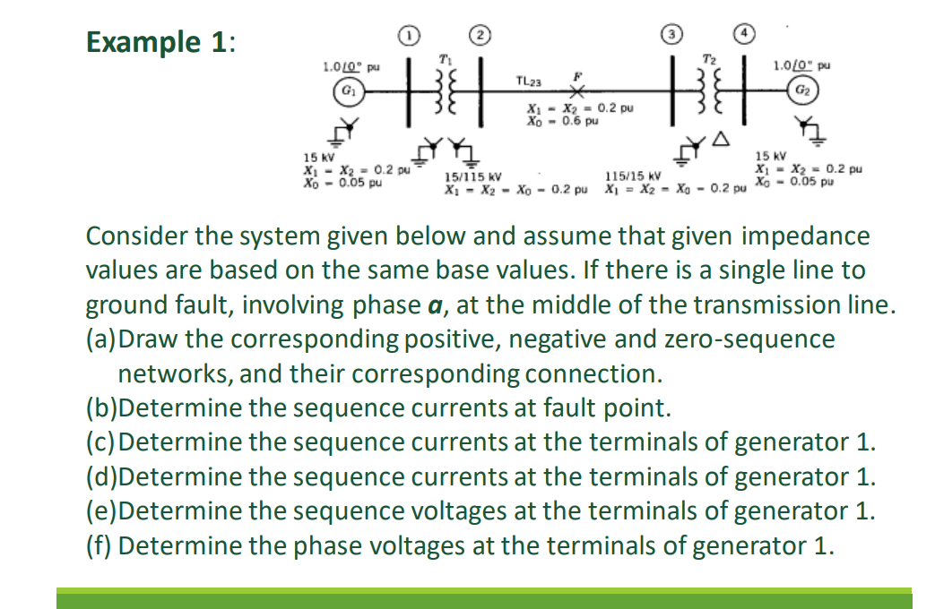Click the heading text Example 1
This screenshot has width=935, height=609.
[160, 42]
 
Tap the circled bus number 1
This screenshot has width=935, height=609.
[408, 36]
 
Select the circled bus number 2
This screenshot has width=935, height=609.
[480, 36]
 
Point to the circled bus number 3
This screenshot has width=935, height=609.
[669, 36]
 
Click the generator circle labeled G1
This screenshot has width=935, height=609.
[345, 91]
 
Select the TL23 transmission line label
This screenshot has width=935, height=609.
[529, 82]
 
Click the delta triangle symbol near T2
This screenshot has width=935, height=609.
[719, 140]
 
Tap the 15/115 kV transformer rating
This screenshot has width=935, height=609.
[472, 177]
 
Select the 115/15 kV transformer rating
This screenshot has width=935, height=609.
[633, 176]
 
